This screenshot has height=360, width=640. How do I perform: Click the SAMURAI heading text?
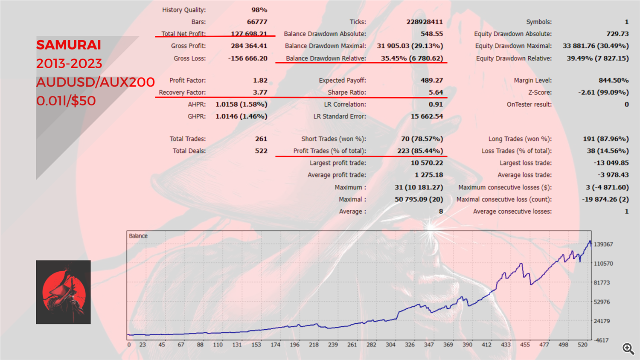69,45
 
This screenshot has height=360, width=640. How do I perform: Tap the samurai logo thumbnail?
63,292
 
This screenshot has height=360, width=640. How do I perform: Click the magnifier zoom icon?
628,348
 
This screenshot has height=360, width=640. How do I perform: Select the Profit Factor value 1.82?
260,80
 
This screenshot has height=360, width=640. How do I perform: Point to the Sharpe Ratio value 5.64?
436,92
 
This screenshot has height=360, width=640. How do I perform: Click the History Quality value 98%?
259,10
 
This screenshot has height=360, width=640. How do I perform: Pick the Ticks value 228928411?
424,22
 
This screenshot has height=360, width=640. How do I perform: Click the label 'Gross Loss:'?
189,58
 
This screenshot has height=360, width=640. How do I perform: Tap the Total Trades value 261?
261,139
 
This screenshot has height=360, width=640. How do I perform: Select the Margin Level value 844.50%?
613,80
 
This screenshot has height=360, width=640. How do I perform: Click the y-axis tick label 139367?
603,244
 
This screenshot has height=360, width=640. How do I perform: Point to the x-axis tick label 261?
352,345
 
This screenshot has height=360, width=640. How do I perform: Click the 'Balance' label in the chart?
138,236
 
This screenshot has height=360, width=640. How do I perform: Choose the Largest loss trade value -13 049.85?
611,163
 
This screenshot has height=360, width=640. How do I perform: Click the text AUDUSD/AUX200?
95,82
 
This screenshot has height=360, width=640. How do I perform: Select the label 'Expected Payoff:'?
342,80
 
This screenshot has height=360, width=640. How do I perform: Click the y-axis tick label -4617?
602,340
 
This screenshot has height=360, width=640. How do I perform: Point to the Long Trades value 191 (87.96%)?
605,139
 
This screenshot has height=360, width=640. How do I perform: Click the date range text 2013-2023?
69,64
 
